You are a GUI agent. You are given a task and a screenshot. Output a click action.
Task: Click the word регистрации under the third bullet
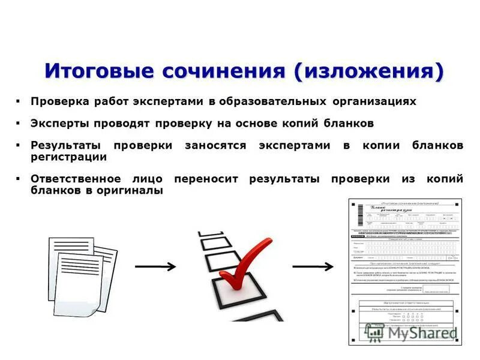68,157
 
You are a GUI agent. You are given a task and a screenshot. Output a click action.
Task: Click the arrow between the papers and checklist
155,266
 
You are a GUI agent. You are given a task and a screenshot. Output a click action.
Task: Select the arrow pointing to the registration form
313,266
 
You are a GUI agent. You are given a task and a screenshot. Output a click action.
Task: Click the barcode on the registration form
361,212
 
